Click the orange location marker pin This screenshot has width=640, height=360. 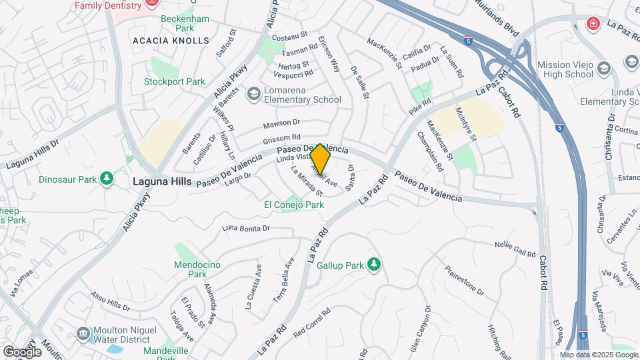coord(321,159)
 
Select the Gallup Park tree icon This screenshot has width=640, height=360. coord(374,265)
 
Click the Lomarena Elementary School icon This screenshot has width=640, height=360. coord(253,94)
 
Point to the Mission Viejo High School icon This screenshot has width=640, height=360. coord(603,68)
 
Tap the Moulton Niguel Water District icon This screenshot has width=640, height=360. coord(83,333)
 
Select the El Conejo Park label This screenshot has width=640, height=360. coord(294,205)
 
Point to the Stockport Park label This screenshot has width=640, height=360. coord(175,82)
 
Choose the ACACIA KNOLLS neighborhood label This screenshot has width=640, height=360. coord(161,41)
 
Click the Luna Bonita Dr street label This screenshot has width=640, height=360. coord(245,228)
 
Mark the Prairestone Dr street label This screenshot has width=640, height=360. coord(464,279)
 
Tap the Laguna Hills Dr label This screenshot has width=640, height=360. coord(33,153)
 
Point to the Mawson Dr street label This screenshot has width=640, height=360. coord(282,123)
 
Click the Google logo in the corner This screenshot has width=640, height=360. coord(22,351)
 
